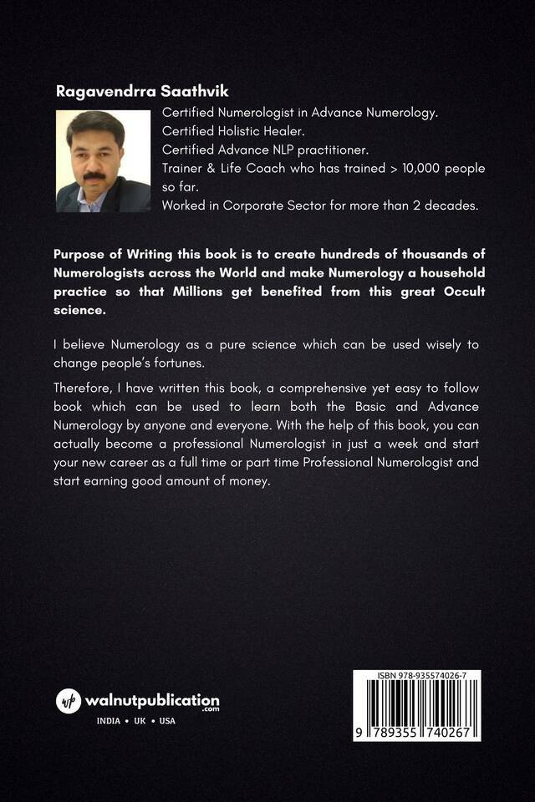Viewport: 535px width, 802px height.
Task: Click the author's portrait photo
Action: pyautogui.click(x=103, y=161)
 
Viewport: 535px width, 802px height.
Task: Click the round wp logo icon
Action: pyautogui.click(x=69, y=701)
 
